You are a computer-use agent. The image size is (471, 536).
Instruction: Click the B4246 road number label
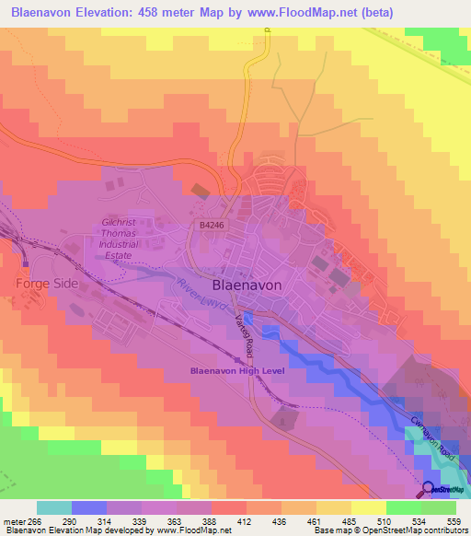pyautogui.click(x=212, y=224)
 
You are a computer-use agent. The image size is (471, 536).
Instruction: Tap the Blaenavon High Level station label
pyautogui.click(x=238, y=370)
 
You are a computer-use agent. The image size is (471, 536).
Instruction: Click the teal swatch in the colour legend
pyautogui.click(x=54, y=507)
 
